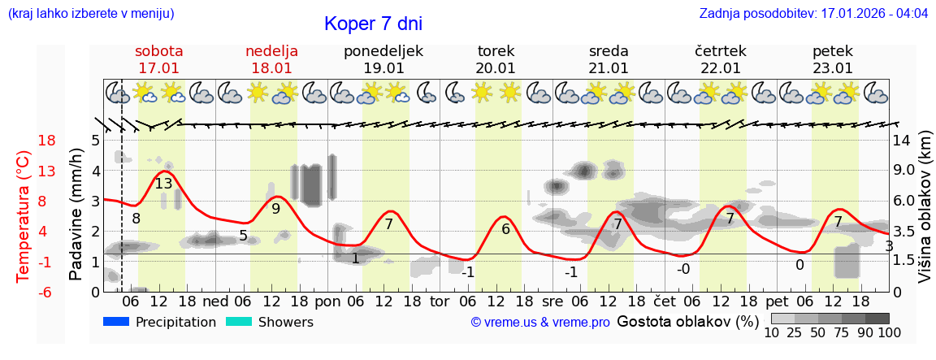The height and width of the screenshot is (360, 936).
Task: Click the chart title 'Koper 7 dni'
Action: point(373,24)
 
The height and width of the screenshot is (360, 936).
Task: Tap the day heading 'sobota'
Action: point(158,51)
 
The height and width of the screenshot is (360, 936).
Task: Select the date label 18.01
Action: point(271,68)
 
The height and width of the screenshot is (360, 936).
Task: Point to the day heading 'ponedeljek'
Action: point(383,51)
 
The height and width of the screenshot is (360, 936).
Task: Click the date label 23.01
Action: point(832,68)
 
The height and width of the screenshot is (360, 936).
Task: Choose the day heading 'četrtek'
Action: point(720,51)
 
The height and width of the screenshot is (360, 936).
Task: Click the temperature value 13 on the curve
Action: point(163,184)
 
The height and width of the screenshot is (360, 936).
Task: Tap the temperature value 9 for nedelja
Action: point(275,208)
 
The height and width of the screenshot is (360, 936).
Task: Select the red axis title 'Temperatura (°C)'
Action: point(23,216)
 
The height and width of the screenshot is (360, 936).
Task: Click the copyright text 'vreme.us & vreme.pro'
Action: point(540,323)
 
